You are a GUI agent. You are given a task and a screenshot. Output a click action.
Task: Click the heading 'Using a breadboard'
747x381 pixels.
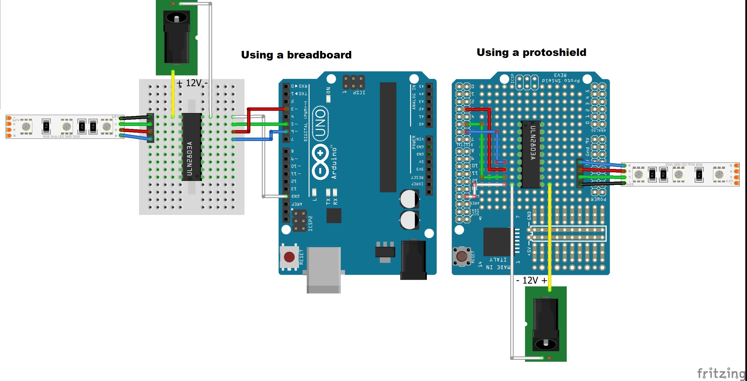296,55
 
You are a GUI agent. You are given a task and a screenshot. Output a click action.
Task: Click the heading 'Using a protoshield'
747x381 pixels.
531,52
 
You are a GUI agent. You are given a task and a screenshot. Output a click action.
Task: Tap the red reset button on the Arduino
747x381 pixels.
289,257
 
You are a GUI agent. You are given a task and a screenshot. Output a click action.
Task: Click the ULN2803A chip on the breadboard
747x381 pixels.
191,147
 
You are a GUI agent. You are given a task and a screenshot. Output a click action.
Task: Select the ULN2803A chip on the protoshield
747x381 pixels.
531,154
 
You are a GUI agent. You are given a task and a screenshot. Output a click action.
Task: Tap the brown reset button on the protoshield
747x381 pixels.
461,256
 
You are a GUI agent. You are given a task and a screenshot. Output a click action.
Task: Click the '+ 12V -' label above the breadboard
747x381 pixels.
192,83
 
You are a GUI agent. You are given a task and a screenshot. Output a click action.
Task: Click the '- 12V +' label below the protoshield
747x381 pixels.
531,280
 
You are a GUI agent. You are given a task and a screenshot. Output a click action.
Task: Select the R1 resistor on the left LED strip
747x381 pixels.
46,126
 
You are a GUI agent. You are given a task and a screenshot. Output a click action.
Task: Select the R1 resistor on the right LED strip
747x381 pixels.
699,175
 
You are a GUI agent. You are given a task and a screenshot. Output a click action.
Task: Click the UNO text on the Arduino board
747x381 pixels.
320,123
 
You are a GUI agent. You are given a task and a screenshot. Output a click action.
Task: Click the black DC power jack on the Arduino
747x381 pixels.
413,260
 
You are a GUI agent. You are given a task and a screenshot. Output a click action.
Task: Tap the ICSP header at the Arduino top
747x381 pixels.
354,83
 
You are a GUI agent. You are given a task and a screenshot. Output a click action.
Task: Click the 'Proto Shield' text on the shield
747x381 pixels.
561,80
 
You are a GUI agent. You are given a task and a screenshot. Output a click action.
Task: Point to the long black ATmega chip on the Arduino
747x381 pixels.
388,137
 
